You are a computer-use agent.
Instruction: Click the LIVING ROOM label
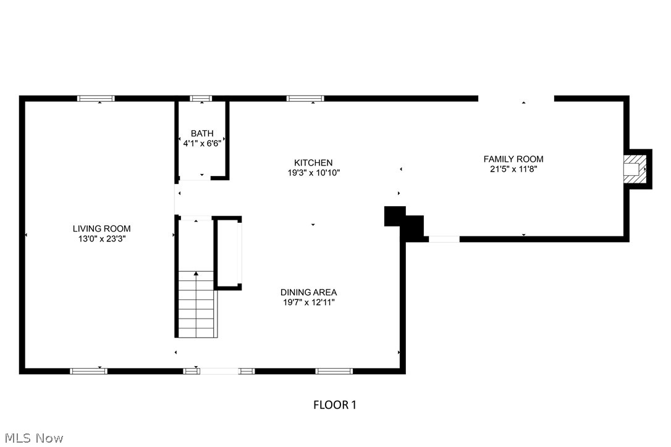point(101,228)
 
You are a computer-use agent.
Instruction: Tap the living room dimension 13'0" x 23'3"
point(101,238)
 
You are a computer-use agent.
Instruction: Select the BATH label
point(202,133)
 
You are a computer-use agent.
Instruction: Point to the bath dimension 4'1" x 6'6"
point(202,143)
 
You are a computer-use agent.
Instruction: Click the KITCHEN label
point(313,163)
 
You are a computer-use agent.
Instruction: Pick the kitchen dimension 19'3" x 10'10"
point(313,173)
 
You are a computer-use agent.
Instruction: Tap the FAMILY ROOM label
point(513,159)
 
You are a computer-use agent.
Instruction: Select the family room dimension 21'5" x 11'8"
point(513,169)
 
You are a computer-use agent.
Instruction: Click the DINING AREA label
point(308,293)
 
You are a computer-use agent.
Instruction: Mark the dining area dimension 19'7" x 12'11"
point(308,303)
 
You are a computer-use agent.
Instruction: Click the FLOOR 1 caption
point(335,405)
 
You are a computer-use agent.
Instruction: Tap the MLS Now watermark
point(32,438)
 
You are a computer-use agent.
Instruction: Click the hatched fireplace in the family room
point(634,169)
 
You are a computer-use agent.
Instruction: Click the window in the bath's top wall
point(201,98)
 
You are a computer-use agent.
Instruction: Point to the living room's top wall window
point(96,98)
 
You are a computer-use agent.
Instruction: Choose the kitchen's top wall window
point(305,98)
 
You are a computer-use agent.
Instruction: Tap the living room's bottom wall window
point(88,371)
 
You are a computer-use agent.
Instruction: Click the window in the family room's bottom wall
point(444,239)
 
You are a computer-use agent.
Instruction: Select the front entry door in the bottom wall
point(219,371)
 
